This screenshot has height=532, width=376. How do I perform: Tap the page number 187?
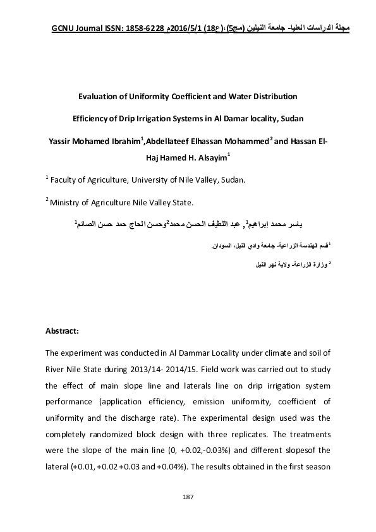(188, 499)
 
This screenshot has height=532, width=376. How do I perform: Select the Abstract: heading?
(62, 330)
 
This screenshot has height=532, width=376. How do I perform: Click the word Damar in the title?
(244, 118)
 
